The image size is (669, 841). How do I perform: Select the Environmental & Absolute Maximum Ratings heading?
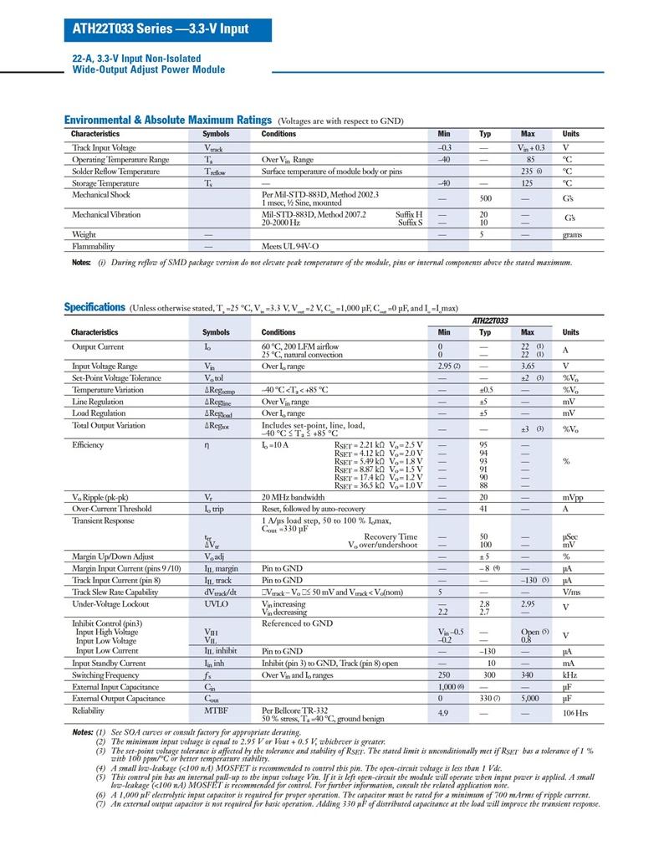tap(168, 121)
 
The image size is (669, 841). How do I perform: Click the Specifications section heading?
tap(94, 307)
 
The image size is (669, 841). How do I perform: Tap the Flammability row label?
tap(93, 247)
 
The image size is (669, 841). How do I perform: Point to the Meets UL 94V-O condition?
tap(290, 247)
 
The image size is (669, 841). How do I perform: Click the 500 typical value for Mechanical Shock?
tap(484, 199)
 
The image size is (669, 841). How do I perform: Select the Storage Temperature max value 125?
tap(528, 183)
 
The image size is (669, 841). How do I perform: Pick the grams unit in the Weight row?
tap(572, 235)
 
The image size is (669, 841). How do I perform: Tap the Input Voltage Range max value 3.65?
tap(528, 367)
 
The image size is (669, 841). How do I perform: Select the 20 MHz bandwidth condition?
tap(293, 497)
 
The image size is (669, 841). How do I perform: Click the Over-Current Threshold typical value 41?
tap(484, 509)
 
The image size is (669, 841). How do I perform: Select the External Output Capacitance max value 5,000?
tap(528, 699)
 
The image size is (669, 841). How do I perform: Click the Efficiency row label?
tap(88, 444)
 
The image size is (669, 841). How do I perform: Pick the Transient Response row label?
tap(103, 520)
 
